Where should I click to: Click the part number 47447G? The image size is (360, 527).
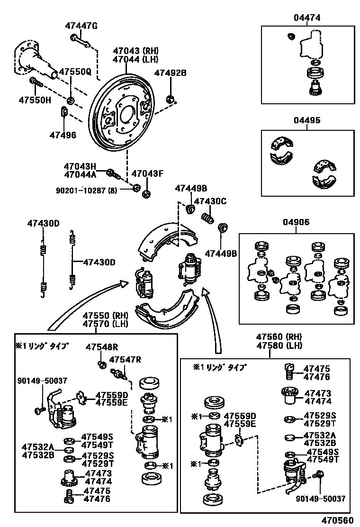coord(81,26)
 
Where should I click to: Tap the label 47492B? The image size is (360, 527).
coord(171,73)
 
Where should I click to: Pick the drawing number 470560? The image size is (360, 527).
coord(337,520)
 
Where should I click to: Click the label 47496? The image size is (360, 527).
coord(63,135)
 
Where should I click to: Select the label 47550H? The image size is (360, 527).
coord(35,100)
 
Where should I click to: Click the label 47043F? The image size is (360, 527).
coord(147,173)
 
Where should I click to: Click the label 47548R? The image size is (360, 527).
coord(102,347)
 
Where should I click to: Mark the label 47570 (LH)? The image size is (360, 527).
coord(104,324)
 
